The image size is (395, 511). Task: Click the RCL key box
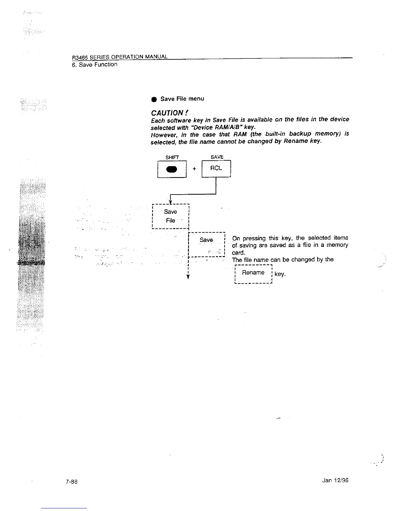(216, 168)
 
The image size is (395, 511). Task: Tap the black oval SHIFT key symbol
(172, 169)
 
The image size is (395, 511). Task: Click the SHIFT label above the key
(172, 157)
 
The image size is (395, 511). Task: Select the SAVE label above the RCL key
(217, 157)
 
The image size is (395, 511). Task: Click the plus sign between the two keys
(194, 169)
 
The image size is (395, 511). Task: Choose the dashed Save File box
(170, 216)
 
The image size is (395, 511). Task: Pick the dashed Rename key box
(254, 273)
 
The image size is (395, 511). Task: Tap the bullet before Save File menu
(154, 99)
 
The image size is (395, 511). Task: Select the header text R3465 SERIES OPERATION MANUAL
(120, 57)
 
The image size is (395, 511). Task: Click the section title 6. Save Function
(95, 65)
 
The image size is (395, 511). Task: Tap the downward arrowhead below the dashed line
(188, 277)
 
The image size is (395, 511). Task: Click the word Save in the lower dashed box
(206, 240)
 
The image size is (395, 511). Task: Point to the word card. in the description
(238, 252)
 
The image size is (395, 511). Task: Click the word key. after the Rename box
(280, 274)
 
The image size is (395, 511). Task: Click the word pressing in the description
(254, 238)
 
